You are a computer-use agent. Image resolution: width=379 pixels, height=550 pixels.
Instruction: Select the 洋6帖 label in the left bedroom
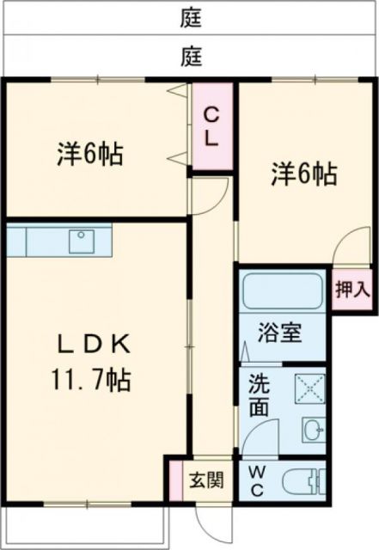tap(89, 155)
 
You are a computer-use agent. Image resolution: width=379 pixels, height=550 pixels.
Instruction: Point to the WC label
tap(257, 480)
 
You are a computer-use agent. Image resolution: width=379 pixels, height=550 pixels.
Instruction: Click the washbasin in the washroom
tap(312, 428)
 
